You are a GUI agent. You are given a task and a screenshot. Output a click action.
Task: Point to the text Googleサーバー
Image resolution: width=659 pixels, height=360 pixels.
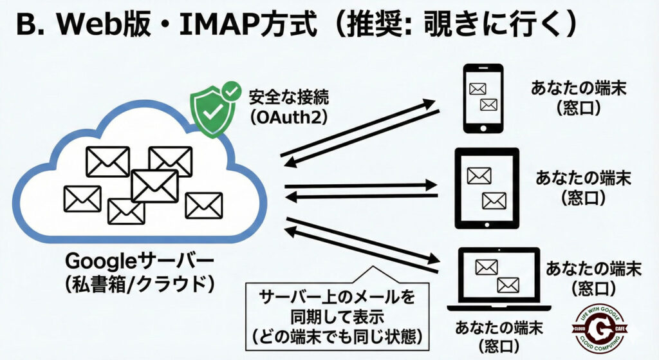137,263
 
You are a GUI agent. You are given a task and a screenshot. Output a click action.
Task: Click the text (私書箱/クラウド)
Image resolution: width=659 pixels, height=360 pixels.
137,285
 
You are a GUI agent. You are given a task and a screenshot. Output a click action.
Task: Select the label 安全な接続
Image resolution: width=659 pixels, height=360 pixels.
289,97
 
